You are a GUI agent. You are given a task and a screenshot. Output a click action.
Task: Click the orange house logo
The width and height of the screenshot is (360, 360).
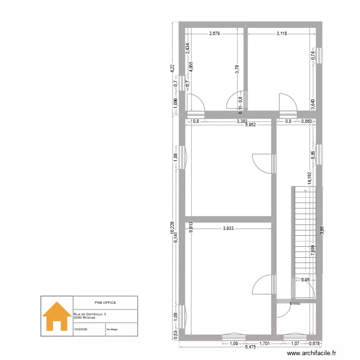coord(57,316)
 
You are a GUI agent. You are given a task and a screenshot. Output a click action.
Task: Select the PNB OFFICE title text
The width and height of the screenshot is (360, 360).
coord(105,303)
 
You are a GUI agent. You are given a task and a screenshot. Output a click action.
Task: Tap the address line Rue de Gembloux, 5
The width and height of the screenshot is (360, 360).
coord(90,313)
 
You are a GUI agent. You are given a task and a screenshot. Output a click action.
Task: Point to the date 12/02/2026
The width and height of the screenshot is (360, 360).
coord(80,329)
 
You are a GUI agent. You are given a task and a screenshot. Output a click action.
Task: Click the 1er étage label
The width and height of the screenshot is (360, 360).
coord(111,329)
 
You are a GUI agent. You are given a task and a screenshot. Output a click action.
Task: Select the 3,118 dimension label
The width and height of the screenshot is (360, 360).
coord(282,34)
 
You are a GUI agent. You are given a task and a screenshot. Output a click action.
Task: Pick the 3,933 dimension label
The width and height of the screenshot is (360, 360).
coord(228,228)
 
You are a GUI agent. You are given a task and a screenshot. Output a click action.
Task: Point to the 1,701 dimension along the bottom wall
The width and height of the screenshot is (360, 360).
coord(264,344)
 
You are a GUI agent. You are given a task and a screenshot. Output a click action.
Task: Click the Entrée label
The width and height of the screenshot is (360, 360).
coord(295,303)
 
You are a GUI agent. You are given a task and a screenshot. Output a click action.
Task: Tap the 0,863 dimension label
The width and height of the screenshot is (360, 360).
coord(306,121)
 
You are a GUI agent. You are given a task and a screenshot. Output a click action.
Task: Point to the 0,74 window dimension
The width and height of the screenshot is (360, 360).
coord(313,55)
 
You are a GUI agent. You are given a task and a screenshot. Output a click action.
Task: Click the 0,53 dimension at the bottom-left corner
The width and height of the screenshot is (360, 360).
coord(175,334)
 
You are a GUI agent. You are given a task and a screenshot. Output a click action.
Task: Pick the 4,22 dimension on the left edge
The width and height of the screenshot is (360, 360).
coord(172,69)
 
